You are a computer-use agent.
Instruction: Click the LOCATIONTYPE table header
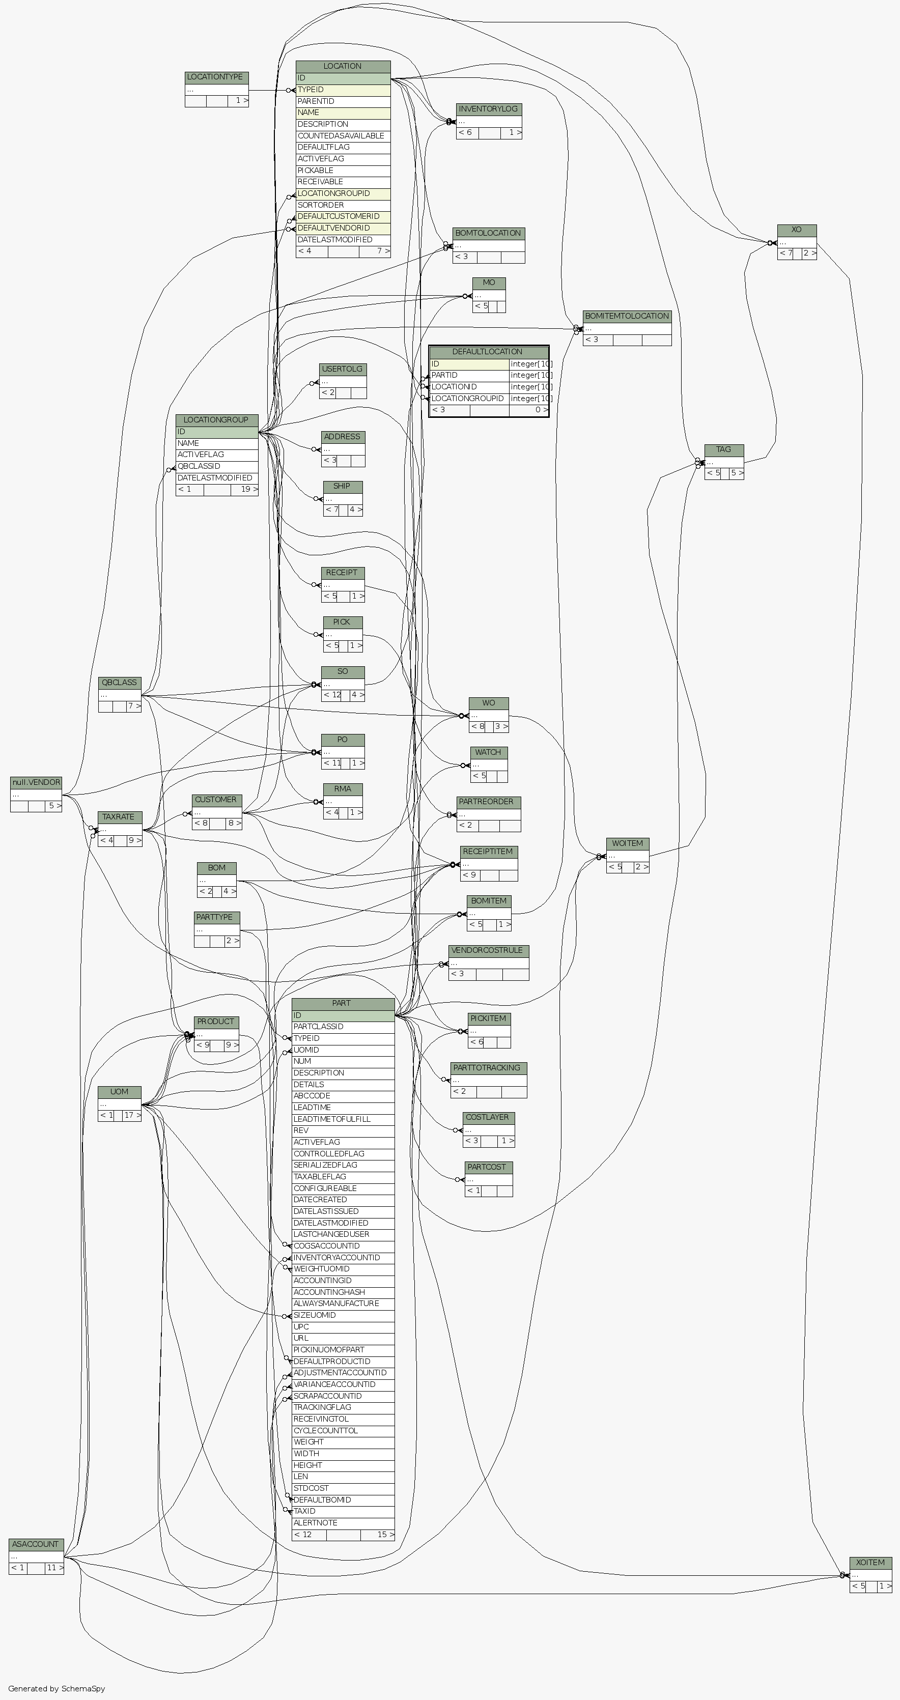216,77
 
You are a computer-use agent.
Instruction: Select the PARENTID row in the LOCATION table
343,101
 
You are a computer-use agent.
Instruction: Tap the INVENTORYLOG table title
488,109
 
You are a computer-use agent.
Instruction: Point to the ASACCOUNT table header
36,1544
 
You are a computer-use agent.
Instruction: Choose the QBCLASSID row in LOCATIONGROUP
216,466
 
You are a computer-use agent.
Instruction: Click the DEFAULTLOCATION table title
488,352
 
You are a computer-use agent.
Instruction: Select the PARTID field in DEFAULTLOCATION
468,375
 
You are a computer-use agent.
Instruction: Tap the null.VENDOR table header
36,783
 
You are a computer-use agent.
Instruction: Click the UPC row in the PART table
343,1326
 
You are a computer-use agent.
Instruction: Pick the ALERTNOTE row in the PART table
343,1522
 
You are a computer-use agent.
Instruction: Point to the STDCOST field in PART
343,1488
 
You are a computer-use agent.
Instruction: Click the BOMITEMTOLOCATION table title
627,316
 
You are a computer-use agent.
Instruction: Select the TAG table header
724,450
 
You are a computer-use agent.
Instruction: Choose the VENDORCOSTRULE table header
488,950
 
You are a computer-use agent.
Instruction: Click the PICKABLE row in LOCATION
343,171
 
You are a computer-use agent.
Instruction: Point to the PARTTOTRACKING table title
488,1068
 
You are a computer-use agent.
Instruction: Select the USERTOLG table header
343,369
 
